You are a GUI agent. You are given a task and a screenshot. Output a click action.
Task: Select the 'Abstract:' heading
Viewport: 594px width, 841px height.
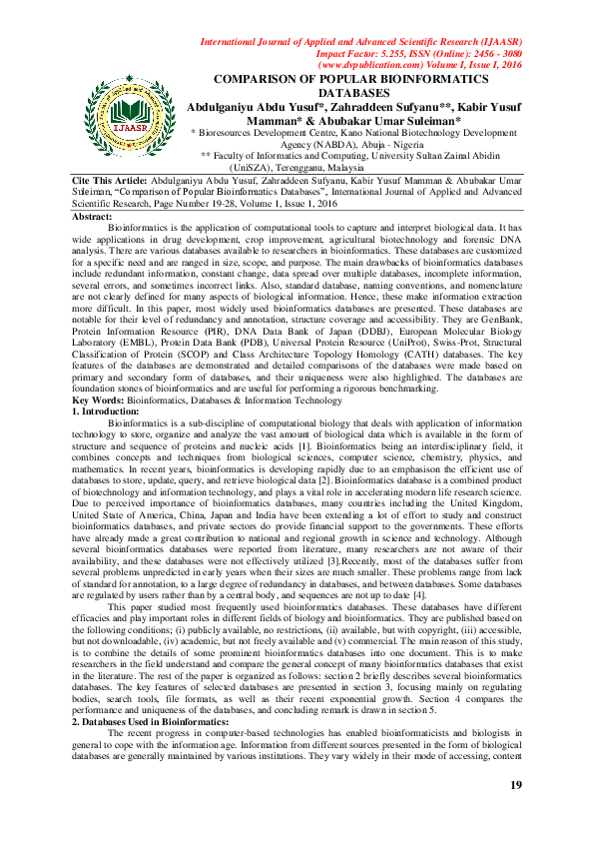(x=93, y=217)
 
